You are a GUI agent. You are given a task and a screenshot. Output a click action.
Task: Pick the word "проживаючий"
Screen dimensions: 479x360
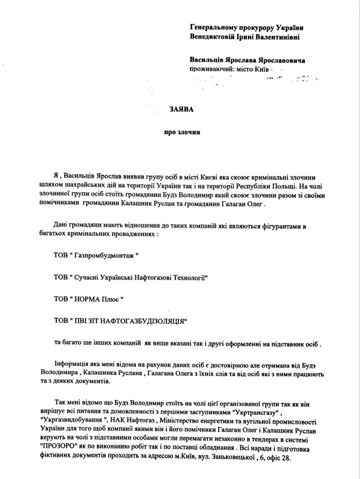(x=211, y=70)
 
